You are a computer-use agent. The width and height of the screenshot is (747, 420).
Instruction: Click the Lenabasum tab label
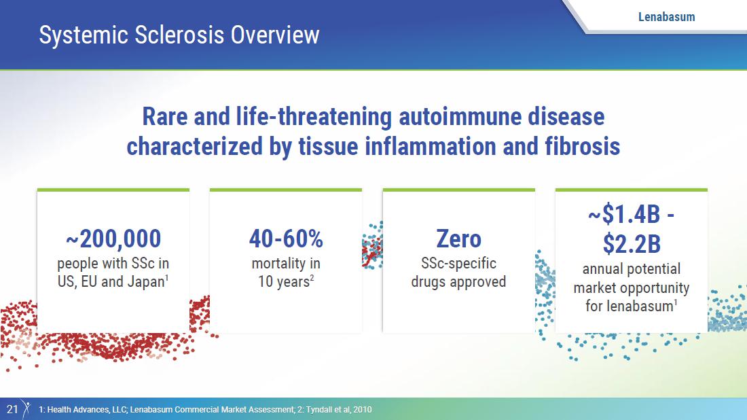click(666, 17)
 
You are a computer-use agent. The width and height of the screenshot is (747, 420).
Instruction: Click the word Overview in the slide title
click(275, 35)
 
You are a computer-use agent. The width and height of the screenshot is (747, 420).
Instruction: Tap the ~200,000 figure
click(113, 239)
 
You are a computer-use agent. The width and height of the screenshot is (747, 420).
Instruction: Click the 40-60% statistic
click(286, 239)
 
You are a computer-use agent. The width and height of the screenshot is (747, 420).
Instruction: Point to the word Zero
click(459, 239)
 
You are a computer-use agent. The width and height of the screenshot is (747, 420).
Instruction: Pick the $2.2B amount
click(632, 243)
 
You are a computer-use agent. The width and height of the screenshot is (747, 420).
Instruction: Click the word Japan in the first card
click(145, 282)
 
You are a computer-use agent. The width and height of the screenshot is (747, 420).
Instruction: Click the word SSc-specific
click(459, 264)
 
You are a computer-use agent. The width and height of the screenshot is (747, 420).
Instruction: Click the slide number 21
click(12, 409)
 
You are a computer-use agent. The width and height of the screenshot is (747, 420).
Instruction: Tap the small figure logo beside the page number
click(26, 409)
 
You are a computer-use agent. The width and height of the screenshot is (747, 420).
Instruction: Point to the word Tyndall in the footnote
click(318, 410)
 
